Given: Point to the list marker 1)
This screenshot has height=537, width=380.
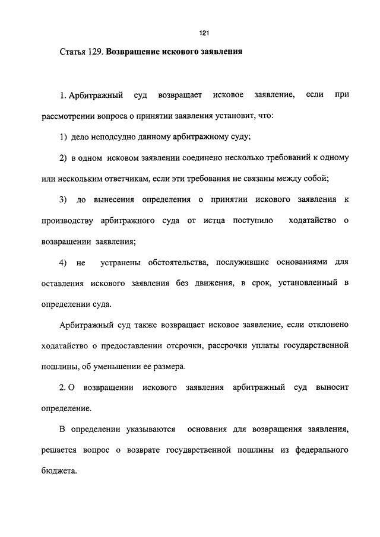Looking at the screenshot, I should pos(64,138).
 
